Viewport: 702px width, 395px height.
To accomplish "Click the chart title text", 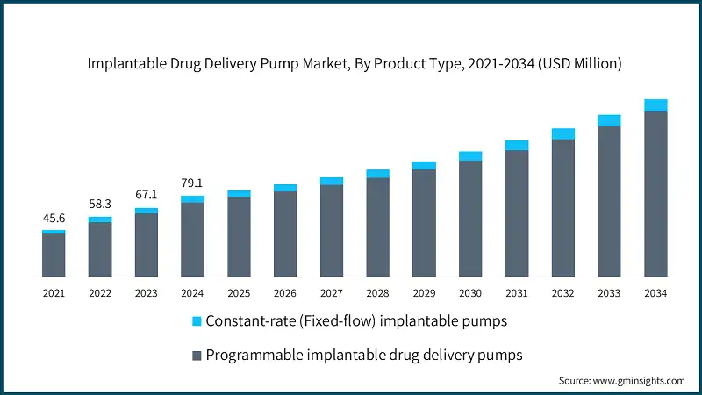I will point(351,62).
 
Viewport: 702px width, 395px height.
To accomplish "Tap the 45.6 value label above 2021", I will point(54,218).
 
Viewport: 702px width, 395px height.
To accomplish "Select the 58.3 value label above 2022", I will point(100,204).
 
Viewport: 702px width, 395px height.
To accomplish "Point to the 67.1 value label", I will point(147,194).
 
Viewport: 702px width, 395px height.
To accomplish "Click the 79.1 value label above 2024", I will point(192,183).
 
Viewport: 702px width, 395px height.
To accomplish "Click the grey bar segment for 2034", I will point(655,193).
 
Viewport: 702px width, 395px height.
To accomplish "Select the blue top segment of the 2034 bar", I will point(655,105).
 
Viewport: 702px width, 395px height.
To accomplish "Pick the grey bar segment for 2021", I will point(54,255).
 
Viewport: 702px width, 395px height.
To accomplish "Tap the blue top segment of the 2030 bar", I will point(470,156).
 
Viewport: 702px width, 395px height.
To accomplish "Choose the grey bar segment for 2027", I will point(332,230).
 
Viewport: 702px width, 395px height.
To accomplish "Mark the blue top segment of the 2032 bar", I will point(563,133).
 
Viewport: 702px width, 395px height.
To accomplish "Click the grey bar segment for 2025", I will point(239,236).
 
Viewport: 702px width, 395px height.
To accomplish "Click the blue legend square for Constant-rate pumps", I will point(197,321).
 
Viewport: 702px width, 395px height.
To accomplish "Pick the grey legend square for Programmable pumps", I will point(197,355).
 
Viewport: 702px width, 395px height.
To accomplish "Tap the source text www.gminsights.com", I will point(621,381).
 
